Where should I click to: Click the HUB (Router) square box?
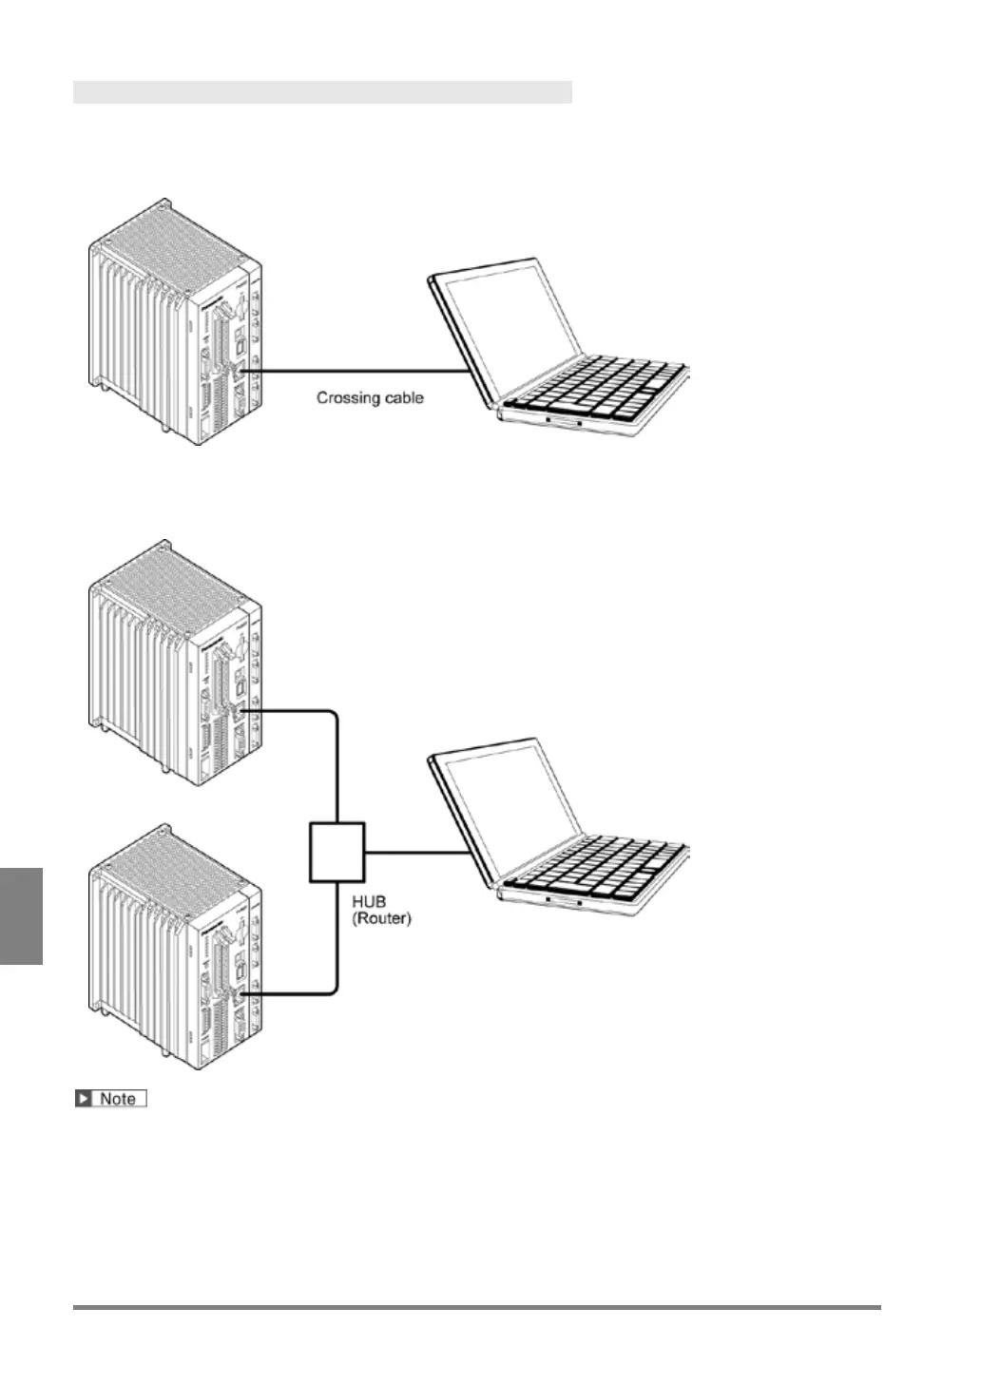tap(337, 852)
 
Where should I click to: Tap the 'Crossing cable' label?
tap(370, 397)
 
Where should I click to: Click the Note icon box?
tap(111, 1099)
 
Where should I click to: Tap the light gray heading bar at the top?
tap(322, 91)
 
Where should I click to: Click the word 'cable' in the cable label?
tap(404, 397)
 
